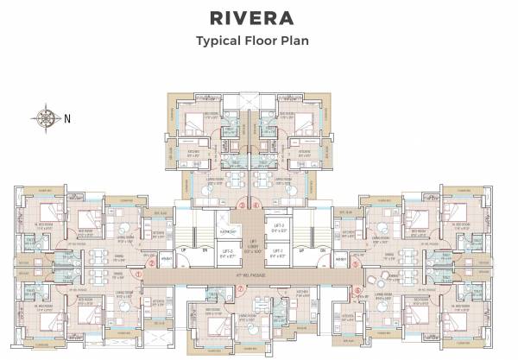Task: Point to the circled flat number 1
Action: [138, 275]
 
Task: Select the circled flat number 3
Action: [243, 205]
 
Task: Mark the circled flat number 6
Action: [357, 291]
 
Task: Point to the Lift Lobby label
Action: [258, 245]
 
